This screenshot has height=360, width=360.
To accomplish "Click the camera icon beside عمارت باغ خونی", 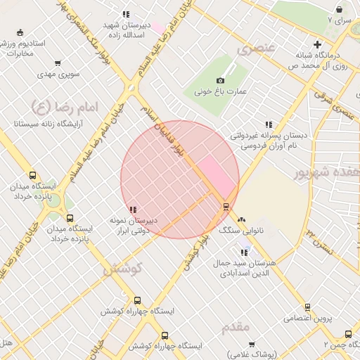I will (220, 81).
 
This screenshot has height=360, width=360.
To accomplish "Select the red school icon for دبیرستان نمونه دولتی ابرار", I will (134, 210).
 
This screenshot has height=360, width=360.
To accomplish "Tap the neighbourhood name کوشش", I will (123, 269).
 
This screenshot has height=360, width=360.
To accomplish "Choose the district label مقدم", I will (235, 328).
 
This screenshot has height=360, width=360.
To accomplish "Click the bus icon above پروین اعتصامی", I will (307, 307).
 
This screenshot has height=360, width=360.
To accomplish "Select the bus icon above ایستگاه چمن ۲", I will (348, 334).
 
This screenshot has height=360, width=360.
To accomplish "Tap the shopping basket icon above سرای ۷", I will (340, 10).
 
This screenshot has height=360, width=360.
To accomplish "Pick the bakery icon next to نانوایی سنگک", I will (242, 219).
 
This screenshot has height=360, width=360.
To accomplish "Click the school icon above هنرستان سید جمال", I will (244, 252).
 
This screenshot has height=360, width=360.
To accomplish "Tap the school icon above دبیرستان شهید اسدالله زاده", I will (126, 14).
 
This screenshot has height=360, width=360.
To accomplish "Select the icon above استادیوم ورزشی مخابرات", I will (20, 32).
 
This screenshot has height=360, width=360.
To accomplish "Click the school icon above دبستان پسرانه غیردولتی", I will (269, 124).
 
